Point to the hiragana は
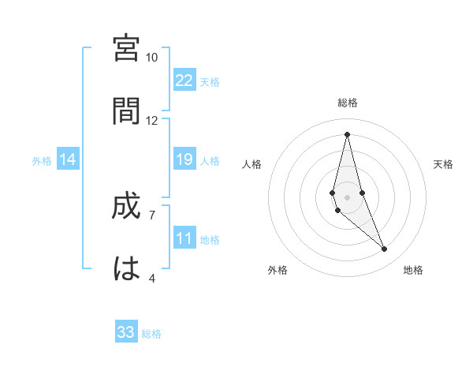point(126,268)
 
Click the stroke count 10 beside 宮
point(152,58)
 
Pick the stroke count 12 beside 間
point(152,121)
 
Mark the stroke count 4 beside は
point(152,278)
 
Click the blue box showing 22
point(184,81)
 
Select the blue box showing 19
point(184,159)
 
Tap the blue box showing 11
point(184,238)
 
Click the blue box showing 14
point(68,159)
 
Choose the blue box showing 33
point(126,332)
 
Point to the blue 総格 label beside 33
point(151,334)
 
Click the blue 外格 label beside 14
point(42,161)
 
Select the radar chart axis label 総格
point(347,103)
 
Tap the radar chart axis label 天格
point(443,164)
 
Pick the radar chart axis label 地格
point(413,270)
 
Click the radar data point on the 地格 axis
point(385,249)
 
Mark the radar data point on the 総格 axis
point(347,133)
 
